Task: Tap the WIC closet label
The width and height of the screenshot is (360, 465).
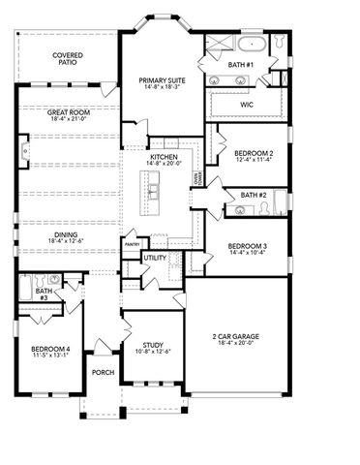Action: point(247,102)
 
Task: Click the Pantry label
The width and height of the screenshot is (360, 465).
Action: point(133,244)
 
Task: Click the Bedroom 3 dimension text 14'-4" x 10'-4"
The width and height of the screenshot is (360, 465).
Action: point(248,253)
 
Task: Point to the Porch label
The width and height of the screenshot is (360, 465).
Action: point(103,373)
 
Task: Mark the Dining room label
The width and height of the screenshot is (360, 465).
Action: point(69,233)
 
